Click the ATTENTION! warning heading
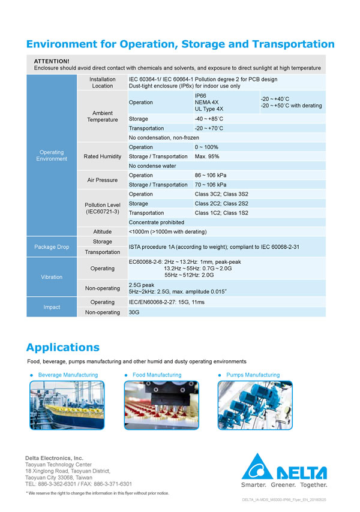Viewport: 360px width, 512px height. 52,61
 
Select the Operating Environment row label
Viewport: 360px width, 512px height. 51,155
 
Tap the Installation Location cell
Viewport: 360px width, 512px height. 102,82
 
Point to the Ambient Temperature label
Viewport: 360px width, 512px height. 102,116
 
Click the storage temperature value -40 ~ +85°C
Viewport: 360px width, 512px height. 209,119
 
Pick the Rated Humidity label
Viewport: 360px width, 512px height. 102,156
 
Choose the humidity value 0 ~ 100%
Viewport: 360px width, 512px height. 206,147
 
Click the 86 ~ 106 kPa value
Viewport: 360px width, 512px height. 211,175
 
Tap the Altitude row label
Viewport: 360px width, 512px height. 102,231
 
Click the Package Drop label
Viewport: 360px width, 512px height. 51,247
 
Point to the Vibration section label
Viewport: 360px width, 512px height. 51,277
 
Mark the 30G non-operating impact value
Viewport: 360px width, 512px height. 134,312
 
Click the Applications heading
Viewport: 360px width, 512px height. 62,347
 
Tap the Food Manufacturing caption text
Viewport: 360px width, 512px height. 157,375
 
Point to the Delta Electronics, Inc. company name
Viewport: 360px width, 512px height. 54,458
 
